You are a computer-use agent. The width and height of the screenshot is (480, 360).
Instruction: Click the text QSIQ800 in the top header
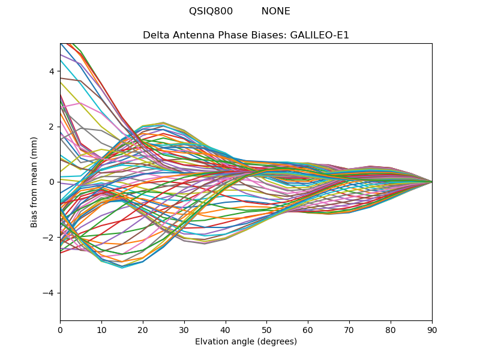coord(211,11)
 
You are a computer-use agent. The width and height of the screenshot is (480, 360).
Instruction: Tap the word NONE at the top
coord(275,11)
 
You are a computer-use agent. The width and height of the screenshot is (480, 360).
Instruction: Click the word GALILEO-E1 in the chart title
coord(320,35)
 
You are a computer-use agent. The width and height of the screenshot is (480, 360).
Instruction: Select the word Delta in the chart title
coord(155,35)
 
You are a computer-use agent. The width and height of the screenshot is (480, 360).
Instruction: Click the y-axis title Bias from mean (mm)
coord(35,182)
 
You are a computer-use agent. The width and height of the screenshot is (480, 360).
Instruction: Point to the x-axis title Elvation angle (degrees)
coord(246,342)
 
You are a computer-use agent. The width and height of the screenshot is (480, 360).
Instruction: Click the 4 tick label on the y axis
coord(52,71)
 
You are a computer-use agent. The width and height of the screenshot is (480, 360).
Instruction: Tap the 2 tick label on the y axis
coord(52,127)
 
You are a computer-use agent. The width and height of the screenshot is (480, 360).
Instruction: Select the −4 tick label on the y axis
coord(49,293)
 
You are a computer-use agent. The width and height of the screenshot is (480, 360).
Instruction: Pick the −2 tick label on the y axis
coord(49,238)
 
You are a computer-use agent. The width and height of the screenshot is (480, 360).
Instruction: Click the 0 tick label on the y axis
coord(52,182)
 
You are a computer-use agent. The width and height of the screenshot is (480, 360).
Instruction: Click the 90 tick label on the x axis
coord(432,329)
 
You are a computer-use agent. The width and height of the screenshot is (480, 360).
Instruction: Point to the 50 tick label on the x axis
coord(266,329)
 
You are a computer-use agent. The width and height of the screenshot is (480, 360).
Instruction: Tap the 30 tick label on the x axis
coord(184,329)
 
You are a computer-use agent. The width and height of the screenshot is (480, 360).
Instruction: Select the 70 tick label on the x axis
coord(349,329)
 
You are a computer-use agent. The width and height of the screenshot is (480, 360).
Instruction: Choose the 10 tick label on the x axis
coord(101,329)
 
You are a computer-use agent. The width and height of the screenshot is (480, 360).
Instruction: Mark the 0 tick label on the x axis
coord(60,329)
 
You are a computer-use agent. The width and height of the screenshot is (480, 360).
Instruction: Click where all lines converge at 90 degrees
coord(431,182)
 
